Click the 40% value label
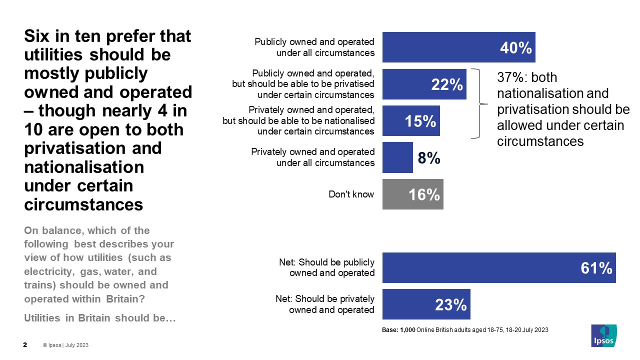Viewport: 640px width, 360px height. pos(515,48)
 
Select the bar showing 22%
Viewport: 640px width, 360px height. pos(424,84)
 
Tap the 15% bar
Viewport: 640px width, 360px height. pos(411,121)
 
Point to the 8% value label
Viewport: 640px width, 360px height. pos(429,158)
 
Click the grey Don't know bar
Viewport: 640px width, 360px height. pos(412,194)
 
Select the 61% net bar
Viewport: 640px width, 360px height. pos(498,268)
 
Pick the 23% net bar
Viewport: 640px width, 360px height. pos(426,304)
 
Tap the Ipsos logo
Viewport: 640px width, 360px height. pos(603,335)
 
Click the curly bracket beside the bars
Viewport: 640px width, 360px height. pos(481,103)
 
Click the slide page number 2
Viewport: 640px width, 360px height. pos(25,345)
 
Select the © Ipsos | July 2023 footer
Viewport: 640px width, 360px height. pos(65,345)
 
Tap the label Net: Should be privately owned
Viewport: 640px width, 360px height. pos(325,304)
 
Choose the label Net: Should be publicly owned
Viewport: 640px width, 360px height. pos(327,267)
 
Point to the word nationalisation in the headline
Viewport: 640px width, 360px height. pos(84,167)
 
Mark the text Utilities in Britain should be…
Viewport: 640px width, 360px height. pos(99,318)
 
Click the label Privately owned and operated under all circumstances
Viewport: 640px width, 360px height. pos(312,157)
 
